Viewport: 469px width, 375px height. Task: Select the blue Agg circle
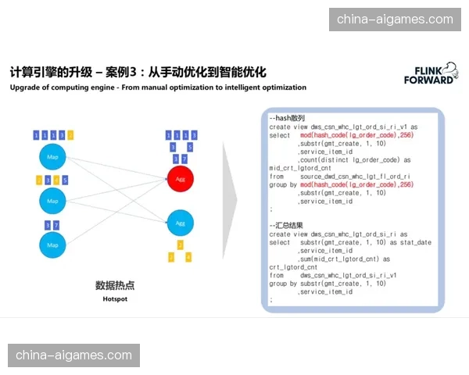pos(180,223)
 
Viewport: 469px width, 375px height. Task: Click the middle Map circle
pos(52,201)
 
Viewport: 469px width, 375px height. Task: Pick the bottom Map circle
pos(52,245)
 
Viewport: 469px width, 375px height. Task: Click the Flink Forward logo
pos(429,73)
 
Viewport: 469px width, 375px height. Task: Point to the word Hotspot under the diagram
pos(115,299)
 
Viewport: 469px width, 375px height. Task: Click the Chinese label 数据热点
pos(115,286)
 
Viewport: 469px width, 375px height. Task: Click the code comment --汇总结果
pos(287,226)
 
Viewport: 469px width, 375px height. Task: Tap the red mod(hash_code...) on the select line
pos(356,134)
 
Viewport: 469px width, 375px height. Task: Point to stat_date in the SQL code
pos(414,242)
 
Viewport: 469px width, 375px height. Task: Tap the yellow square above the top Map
pos(71,135)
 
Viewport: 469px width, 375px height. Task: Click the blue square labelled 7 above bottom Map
pos(56,225)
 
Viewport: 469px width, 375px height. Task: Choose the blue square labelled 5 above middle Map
pos(65,180)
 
